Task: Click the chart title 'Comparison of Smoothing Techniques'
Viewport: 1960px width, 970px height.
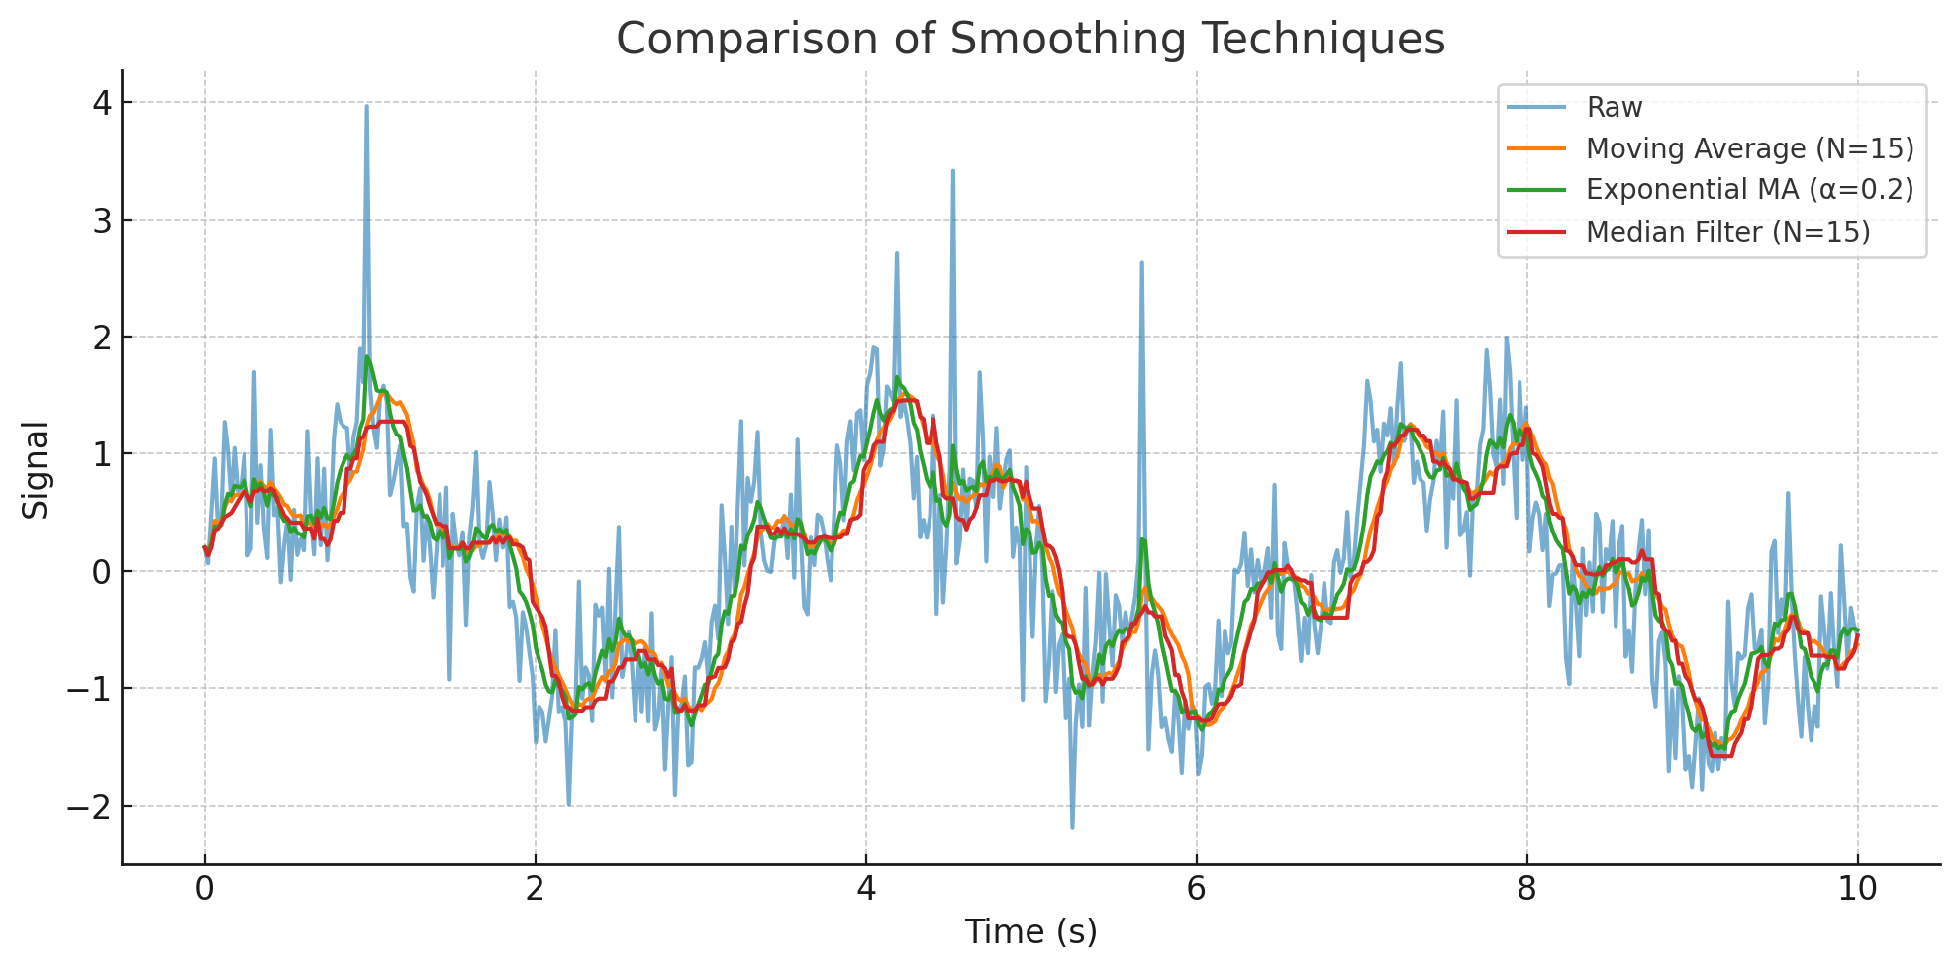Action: click(x=1030, y=40)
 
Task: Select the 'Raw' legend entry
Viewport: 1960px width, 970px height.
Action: click(x=1614, y=107)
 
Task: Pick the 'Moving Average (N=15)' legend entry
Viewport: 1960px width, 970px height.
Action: click(x=1749, y=148)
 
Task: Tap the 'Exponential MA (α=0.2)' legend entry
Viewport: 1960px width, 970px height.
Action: click(x=1749, y=190)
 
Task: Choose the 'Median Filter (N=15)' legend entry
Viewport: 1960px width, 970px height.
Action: click(x=1727, y=232)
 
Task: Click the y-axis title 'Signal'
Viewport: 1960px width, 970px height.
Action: click(x=36, y=469)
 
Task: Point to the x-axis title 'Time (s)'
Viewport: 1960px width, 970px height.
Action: click(x=1030, y=931)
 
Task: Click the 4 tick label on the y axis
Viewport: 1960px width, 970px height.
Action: click(x=102, y=103)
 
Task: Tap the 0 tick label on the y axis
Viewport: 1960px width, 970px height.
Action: click(x=102, y=572)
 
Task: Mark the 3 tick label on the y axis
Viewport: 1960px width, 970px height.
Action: click(x=102, y=221)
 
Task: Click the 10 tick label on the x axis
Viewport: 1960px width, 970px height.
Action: click(x=1857, y=889)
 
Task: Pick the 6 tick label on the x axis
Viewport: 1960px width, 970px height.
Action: click(x=1196, y=889)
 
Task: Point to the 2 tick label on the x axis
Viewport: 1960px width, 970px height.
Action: click(x=535, y=889)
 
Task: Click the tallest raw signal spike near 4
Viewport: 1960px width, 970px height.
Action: click(x=366, y=106)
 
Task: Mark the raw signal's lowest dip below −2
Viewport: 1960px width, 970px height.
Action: click(x=1072, y=827)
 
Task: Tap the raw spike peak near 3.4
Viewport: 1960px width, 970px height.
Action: click(x=953, y=170)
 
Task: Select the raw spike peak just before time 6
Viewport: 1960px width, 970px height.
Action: click(x=1141, y=262)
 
